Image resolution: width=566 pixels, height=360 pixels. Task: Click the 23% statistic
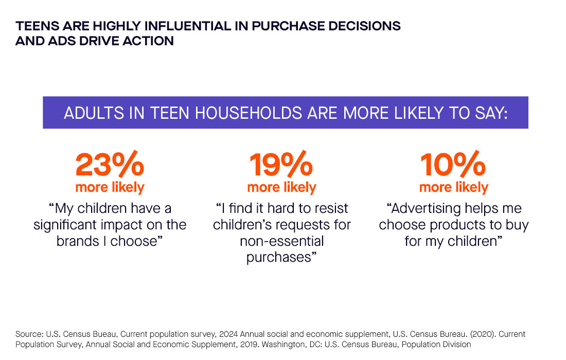coord(110,164)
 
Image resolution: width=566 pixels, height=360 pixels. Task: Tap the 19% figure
coord(281,164)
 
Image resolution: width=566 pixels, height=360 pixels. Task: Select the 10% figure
coord(453,164)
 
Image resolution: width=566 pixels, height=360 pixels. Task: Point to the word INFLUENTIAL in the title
coord(187,26)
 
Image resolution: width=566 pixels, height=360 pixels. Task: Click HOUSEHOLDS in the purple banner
coord(249,113)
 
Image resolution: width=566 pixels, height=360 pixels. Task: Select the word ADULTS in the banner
coord(94,113)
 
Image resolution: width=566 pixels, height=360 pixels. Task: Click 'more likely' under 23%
coord(110,187)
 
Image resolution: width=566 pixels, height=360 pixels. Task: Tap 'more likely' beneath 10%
coord(454,187)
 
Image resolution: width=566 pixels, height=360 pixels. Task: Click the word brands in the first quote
coord(78,241)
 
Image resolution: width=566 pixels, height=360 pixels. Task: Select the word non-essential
coord(282,241)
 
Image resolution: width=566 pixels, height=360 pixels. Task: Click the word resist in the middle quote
coord(331,208)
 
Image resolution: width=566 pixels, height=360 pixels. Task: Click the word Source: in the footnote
coord(29,334)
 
